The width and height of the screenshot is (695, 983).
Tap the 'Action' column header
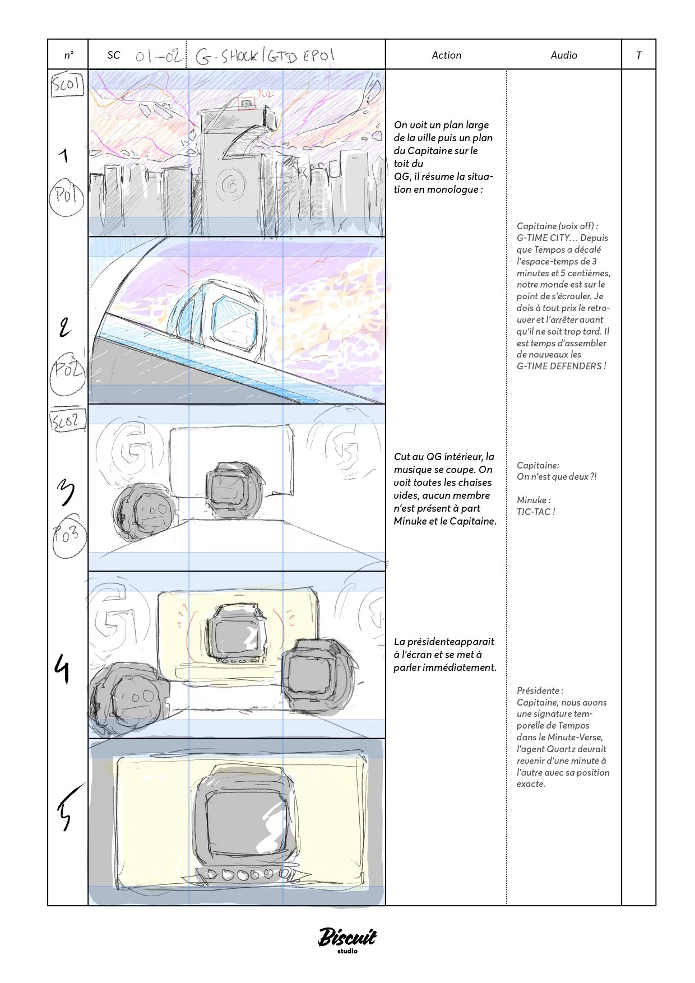446,55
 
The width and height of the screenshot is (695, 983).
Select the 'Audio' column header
563,55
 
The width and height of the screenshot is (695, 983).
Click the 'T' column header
638,55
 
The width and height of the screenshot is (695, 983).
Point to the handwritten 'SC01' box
67,85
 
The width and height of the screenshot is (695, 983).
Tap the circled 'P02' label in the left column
67,370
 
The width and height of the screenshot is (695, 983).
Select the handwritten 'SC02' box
68,420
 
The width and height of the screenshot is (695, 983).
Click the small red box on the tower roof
246,104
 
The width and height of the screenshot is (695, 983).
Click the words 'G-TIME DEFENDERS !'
561,366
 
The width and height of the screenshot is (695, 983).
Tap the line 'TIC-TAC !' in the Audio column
536,512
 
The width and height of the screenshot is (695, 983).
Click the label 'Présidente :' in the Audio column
540,690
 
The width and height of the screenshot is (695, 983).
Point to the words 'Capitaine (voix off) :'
557,226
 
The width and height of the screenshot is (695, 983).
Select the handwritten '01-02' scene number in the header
159,55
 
